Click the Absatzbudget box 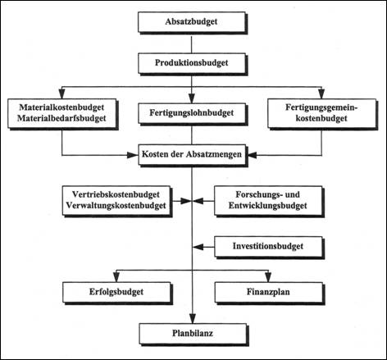[193, 23]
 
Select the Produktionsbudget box [193, 64]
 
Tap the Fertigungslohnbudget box [193, 114]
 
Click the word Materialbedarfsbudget [61, 118]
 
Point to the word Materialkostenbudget [61, 107]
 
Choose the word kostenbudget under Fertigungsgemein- [321, 118]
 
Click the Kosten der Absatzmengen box [193, 155]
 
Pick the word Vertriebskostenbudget [116, 194]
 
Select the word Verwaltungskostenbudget [116, 206]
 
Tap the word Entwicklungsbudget [268, 206]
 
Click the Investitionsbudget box [269, 248]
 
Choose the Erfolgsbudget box [117, 293]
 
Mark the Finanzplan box [269, 293]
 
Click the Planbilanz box [193, 335]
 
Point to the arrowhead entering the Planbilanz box [193, 319]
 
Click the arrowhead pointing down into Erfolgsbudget [116, 277]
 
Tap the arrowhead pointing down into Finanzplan [268, 277]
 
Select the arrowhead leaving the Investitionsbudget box [198, 247]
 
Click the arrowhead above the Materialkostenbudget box [61, 93]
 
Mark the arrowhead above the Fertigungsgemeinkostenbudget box [321, 93]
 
